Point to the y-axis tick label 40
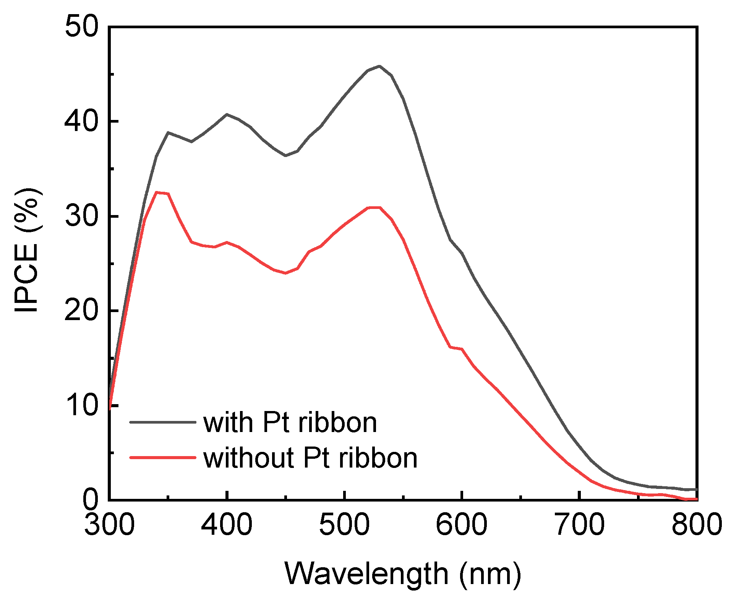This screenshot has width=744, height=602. click(x=81, y=121)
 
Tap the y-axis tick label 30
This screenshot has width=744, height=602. click(x=81, y=216)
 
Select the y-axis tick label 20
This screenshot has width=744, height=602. click(x=81, y=311)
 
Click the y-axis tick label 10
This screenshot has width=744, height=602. click(x=81, y=405)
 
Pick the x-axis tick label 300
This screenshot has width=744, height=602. click(x=109, y=524)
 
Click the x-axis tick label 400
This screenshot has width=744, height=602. click(x=227, y=524)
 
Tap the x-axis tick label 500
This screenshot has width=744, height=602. click(x=344, y=524)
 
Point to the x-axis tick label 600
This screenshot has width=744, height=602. click(x=462, y=524)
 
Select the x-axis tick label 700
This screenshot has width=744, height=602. click(x=580, y=524)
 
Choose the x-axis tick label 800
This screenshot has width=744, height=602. click(x=697, y=524)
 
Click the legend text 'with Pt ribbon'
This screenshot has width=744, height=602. click(x=290, y=423)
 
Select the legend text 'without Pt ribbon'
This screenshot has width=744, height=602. click(x=310, y=458)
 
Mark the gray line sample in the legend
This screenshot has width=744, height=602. click(x=163, y=422)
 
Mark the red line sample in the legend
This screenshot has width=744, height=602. click(x=163, y=457)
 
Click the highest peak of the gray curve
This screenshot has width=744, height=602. click(x=379, y=66)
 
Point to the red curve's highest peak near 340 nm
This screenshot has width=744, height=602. click(x=157, y=193)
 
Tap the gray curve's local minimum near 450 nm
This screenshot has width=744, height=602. click(x=285, y=155)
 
